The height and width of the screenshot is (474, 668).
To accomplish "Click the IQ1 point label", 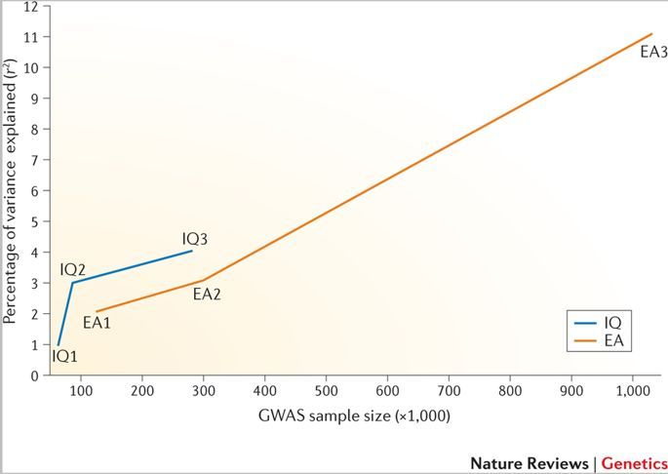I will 64,357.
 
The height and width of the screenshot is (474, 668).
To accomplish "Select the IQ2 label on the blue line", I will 73,269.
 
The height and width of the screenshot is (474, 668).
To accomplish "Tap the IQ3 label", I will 195,239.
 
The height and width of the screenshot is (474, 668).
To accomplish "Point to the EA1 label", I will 97,322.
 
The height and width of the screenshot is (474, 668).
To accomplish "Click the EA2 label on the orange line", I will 207,293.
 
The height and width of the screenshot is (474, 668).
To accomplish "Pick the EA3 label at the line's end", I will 653,52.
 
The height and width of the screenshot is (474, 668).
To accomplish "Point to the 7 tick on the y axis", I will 33,160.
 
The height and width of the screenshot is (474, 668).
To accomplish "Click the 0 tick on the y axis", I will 33,375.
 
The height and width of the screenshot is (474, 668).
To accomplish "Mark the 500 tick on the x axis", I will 326,392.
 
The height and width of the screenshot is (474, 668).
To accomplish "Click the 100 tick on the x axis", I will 82,392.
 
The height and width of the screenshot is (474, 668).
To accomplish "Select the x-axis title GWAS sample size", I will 354,416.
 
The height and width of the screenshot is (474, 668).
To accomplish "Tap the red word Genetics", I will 634,463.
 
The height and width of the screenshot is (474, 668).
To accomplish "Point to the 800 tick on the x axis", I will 510,392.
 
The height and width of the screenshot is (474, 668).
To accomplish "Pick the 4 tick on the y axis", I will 33,253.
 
